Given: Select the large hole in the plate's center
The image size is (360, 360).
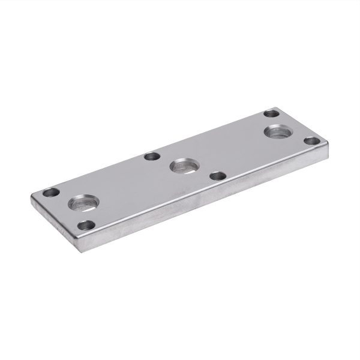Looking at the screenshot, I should (184, 165).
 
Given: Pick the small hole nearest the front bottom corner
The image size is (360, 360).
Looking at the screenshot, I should (87, 226).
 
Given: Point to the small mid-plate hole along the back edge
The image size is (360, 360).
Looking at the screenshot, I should (152, 156).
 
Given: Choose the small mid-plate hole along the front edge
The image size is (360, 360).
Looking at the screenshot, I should (218, 176).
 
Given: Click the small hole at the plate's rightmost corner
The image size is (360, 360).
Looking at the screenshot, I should (311, 141).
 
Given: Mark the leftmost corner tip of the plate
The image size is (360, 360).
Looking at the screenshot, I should (32, 196).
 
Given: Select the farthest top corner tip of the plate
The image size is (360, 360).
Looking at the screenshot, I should (277, 107).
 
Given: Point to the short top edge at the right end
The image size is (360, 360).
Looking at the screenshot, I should (303, 125).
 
